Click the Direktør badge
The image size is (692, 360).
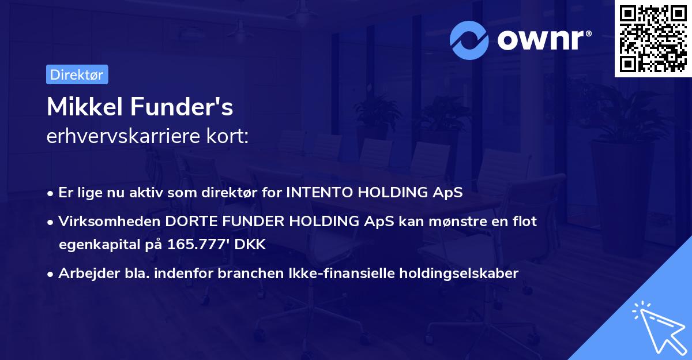tap(77, 74)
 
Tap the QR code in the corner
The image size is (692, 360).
tap(653, 38)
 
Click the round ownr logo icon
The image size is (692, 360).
tap(469, 40)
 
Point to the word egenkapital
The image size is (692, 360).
tap(95, 244)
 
